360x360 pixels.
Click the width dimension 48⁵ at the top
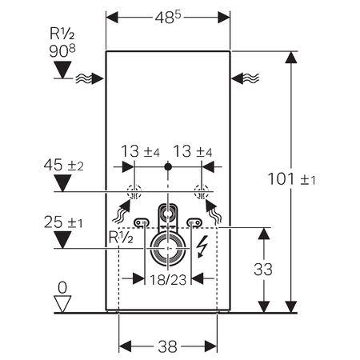(x=167, y=15)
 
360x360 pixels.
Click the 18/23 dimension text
(x=168, y=280)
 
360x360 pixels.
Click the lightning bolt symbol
(x=202, y=247)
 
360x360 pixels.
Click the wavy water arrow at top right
(x=246, y=78)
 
